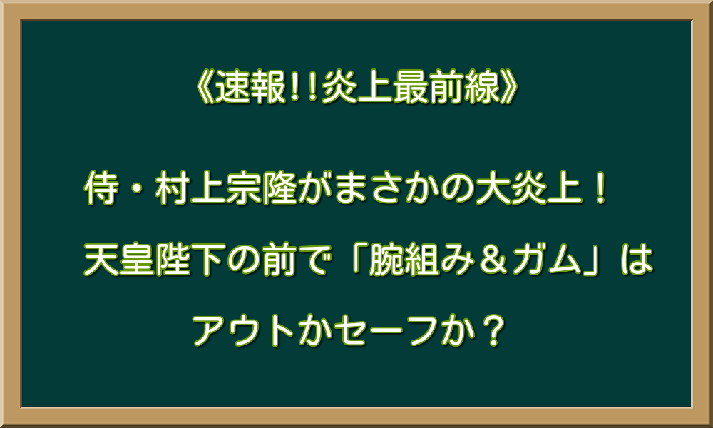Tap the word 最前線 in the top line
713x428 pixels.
coord(452,90)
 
